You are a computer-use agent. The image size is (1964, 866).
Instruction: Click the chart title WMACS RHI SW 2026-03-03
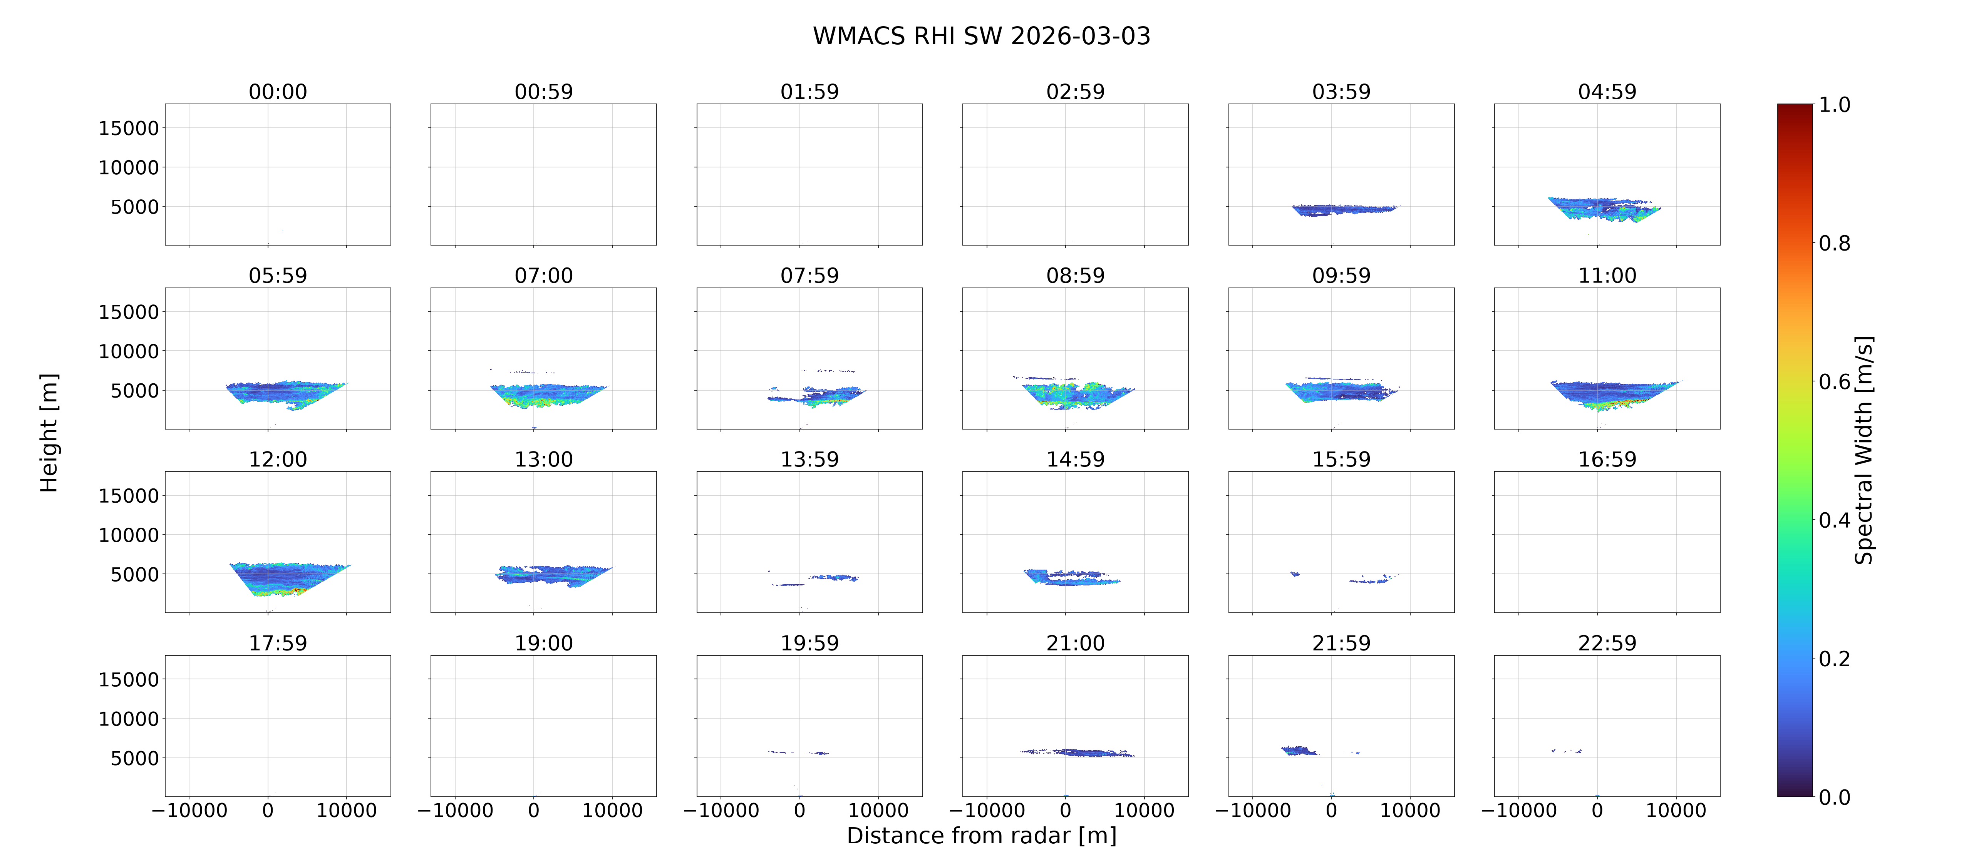coord(981,36)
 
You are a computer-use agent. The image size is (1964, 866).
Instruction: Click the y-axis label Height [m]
coord(49,433)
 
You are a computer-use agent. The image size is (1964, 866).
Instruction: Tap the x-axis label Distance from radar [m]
coord(981,836)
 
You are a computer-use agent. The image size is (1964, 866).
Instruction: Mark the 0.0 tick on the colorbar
coord(1834,797)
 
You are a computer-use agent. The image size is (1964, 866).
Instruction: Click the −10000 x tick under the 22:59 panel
coord(1519,810)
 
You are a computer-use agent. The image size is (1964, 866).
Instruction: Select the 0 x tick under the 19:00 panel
coord(534,810)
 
